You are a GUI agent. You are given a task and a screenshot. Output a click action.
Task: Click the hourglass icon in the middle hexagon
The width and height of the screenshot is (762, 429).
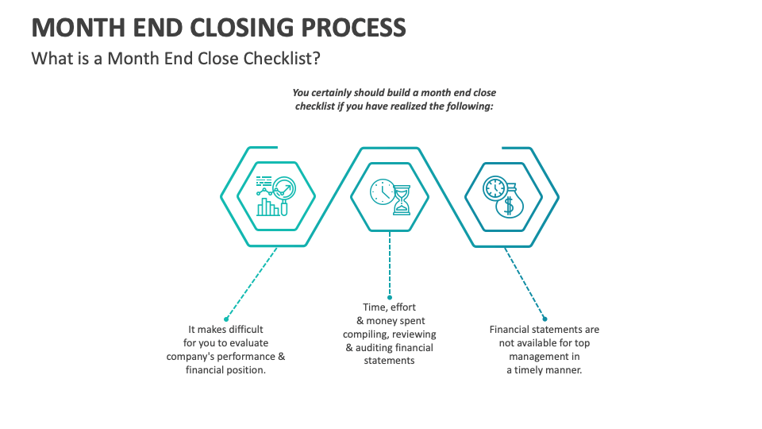402,199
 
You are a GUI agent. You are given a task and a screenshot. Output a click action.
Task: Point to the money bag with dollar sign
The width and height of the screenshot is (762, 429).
509,204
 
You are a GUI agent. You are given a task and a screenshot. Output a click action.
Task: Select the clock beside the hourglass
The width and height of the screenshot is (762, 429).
383,191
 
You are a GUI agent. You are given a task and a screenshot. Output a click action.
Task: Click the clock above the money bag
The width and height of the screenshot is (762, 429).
495,187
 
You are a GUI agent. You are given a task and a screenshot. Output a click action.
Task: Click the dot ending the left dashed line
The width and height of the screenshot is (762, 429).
226,319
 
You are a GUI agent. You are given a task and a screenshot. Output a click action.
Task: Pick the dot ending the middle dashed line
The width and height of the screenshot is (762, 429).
389,297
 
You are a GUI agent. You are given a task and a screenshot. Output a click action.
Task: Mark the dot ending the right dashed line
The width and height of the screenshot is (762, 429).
545,319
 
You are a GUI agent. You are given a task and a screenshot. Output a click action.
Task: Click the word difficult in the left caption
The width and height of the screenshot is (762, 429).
245,329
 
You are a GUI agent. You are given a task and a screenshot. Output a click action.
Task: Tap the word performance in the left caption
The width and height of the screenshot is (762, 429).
248,357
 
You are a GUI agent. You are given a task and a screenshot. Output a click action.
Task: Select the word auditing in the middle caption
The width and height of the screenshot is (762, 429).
374,348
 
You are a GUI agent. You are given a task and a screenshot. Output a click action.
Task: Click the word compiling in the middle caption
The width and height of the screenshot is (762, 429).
365,334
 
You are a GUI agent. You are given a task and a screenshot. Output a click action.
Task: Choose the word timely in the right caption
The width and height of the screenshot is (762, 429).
529,370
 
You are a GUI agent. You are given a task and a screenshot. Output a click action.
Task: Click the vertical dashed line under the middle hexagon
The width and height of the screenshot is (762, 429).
389,263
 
